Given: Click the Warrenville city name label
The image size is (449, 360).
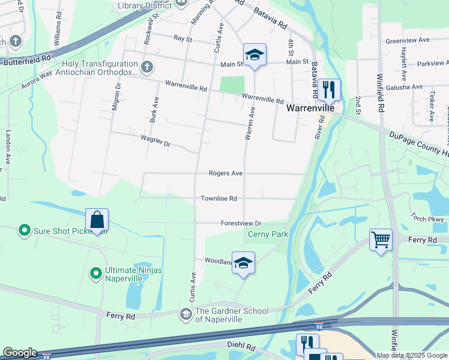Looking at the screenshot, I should pos(309,109).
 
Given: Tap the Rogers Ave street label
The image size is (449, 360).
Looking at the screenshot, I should pos(225,173).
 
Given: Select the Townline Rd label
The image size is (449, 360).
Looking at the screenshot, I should pos(218,199).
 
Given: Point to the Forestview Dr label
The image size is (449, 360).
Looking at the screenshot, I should pos(242,223).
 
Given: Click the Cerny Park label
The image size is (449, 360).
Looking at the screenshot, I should pos(268,235).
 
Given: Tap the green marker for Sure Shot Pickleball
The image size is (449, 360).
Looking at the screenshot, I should pos(24,230).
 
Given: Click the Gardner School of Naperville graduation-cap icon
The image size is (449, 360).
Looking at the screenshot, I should pos(186,314).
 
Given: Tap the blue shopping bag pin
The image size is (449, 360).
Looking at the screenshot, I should pos(97,221).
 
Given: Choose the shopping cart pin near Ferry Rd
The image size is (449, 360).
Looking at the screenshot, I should pos(381,241).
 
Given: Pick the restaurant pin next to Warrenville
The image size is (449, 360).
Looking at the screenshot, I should pos(328,90).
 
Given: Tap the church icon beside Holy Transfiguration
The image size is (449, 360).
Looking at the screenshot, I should pos(146,67).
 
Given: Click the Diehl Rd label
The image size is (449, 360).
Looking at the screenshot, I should pos(241,347).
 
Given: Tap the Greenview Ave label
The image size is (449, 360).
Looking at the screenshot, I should pos(408,40).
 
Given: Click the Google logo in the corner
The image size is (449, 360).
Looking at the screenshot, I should pos(19,353).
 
